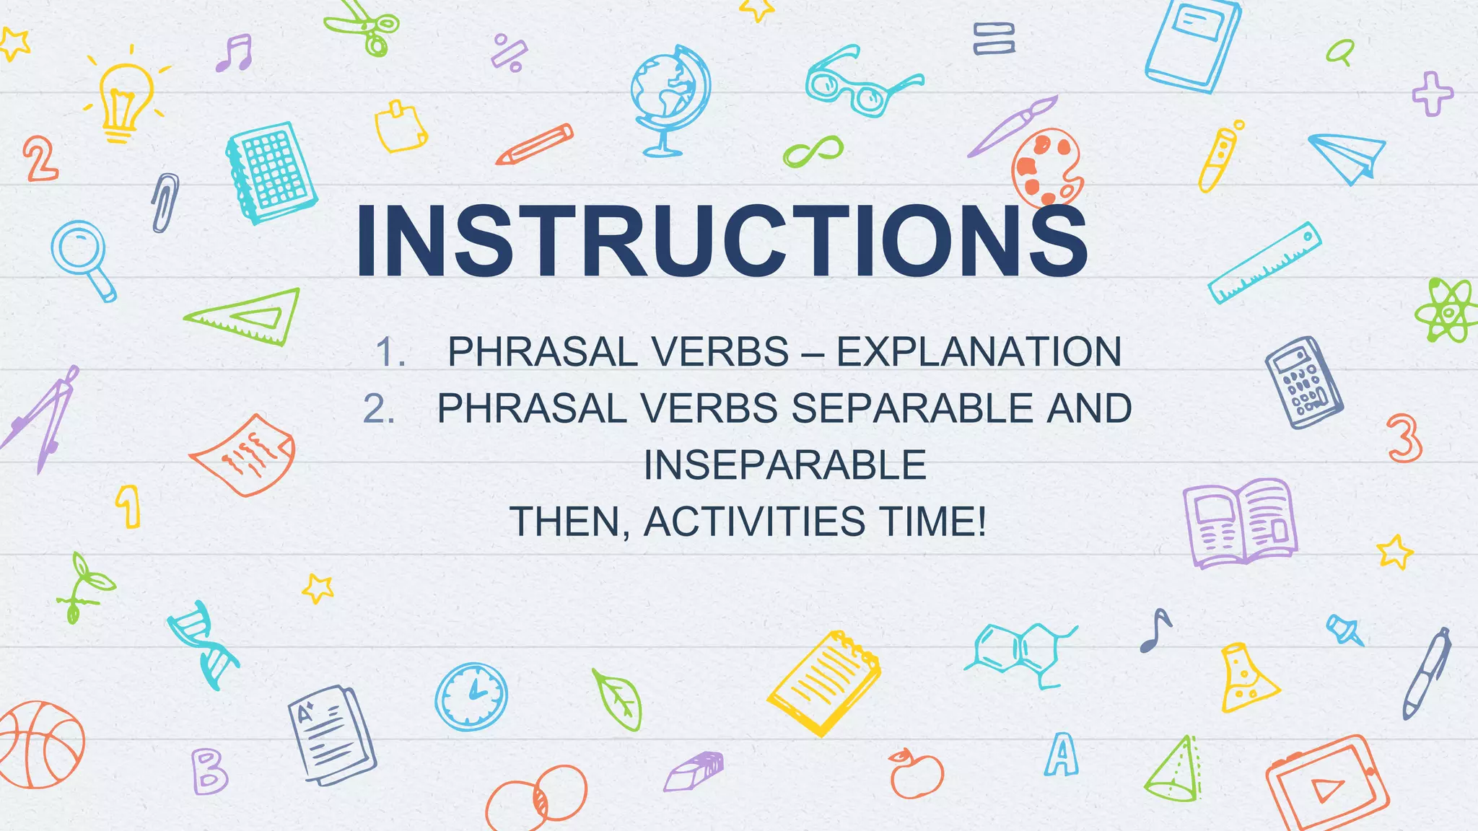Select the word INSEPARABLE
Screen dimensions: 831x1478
pos(784,465)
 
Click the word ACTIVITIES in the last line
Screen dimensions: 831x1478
pos(753,521)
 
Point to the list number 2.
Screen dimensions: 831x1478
pos(378,409)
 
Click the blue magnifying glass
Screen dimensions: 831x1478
pos(84,258)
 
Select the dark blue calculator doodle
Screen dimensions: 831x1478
pos(1303,382)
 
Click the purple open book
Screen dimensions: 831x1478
pos(1240,522)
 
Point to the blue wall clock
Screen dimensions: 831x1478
pos(471,697)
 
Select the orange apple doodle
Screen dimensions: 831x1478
pos(916,773)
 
